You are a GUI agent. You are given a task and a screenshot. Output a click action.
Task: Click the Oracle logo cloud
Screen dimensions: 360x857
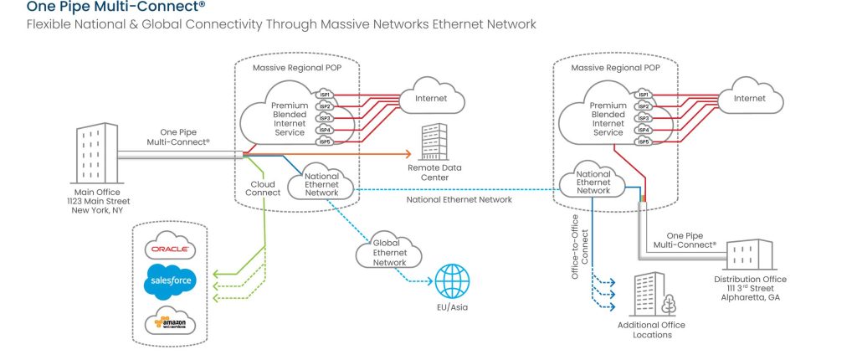pos(171,249)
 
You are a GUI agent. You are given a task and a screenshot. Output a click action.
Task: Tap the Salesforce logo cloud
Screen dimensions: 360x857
pos(170,282)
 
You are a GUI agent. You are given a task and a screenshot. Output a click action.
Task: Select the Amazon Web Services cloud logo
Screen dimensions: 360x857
pos(170,321)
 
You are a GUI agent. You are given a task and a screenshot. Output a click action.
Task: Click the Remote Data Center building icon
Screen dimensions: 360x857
pos(434,141)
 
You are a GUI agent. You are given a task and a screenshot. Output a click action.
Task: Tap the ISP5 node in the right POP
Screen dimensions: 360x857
pos(643,141)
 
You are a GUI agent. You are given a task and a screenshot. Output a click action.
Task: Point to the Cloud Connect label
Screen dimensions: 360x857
pos(264,189)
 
